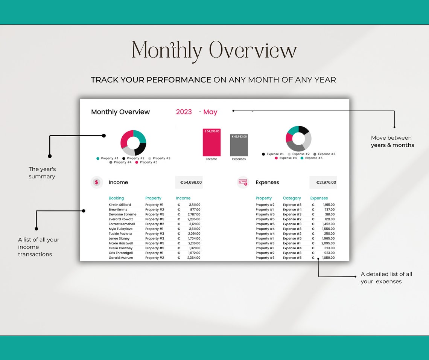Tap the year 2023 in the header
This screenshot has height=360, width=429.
point(184,112)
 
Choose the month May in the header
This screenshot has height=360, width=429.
point(210,112)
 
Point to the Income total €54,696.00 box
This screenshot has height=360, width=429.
point(189,182)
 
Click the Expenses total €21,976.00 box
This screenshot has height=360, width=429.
point(323,182)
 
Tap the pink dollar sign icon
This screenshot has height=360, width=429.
point(96,182)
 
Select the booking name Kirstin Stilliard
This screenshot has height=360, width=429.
point(120,205)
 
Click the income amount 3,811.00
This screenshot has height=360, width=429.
point(194,205)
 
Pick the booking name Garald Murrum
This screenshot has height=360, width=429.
point(120,258)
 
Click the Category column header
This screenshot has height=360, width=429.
point(292,198)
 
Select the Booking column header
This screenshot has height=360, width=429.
point(116,198)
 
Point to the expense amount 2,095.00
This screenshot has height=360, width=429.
point(328,243)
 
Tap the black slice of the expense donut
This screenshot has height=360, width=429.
point(304,131)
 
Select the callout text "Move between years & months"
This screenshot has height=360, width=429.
point(392,142)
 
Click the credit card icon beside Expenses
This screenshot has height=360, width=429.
point(243,182)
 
